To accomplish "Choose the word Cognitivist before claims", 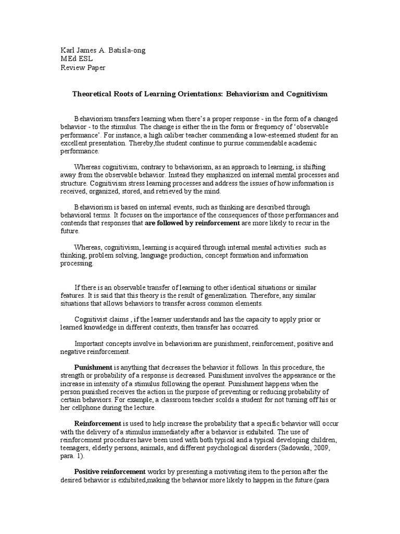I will click(92, 319).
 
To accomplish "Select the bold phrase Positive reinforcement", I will click(110, 471).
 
